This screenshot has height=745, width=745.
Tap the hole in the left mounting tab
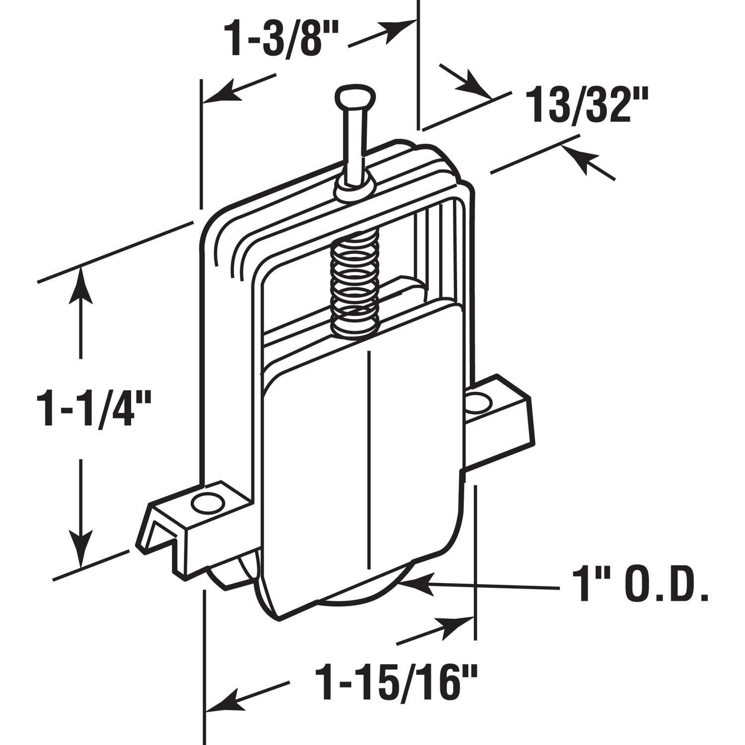[208, 503]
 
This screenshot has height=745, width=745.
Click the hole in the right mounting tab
[478, 401]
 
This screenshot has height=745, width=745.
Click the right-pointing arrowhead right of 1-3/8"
[400, 27]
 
